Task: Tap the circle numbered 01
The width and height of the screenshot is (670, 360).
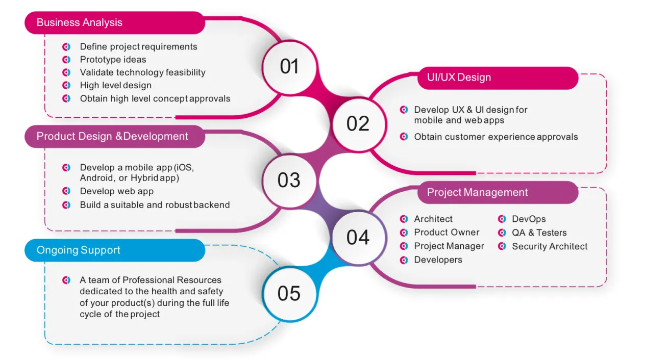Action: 289,67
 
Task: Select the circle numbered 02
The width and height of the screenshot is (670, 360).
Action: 358,124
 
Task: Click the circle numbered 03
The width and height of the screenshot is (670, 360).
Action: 289,180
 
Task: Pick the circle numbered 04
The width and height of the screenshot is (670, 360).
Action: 358,237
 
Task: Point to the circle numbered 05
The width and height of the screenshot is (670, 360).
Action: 289,294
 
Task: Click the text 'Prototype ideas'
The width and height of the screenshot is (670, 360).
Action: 113,60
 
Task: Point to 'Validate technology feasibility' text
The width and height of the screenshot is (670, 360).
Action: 142,72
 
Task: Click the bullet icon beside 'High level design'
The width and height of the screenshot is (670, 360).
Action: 66,86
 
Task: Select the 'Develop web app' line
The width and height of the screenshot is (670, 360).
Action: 116,191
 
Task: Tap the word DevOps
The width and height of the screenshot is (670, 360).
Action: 529,219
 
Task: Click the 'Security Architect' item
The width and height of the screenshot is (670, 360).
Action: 550,247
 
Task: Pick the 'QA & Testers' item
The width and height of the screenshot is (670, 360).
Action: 539,233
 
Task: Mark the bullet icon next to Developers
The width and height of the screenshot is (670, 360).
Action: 404,260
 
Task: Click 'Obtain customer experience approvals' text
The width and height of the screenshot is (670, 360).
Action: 495,137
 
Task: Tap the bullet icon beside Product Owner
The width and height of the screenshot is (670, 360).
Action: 404,233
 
